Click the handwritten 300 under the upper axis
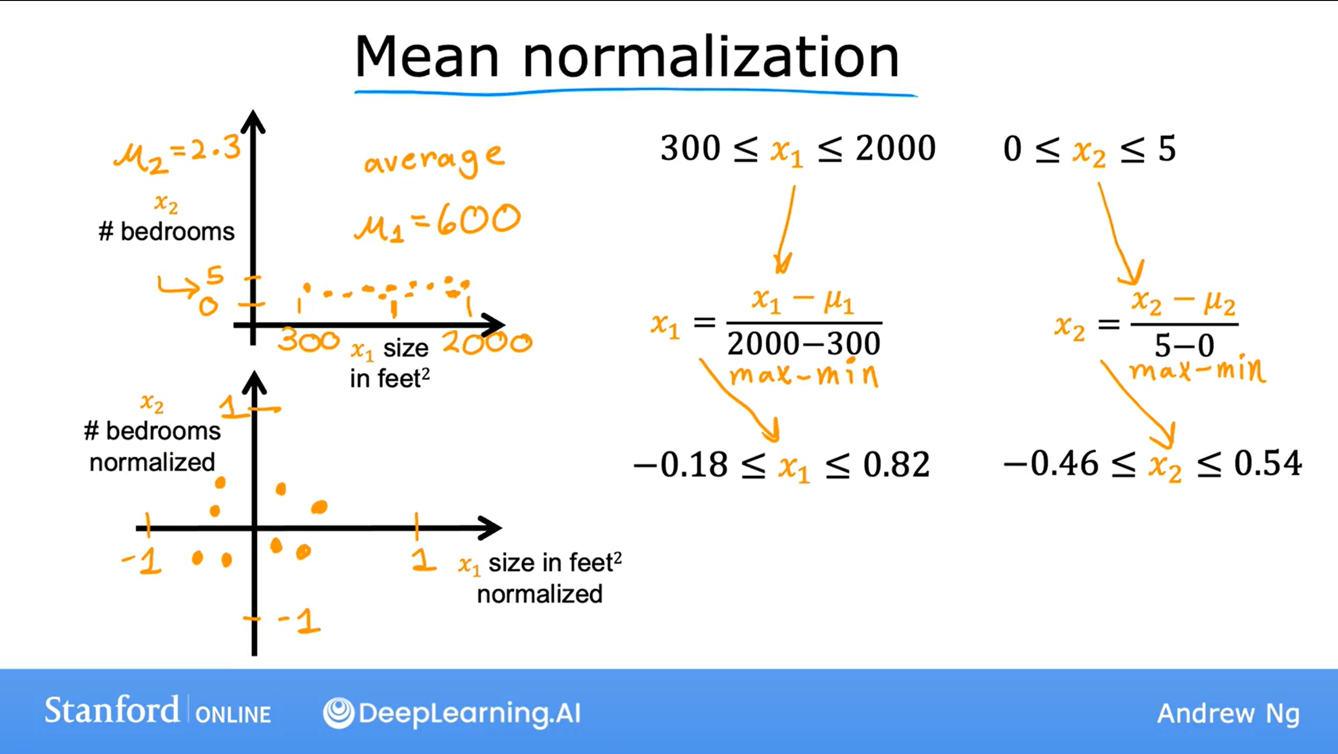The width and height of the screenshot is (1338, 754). click(309, 341)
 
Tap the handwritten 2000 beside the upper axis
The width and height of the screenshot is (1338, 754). click(487, 343)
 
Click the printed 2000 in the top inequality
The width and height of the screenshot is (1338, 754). click(896, 148)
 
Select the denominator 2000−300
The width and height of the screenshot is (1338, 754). click(804, 344)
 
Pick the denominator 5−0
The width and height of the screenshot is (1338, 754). click(1184, 345)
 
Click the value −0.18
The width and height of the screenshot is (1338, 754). click(680, 464)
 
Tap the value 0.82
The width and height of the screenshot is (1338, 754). click(896, 464)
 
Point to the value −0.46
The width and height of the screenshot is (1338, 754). click(1051, 463)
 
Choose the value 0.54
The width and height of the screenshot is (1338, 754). click(1268, 463)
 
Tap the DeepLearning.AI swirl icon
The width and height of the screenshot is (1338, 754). click(339, 713)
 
